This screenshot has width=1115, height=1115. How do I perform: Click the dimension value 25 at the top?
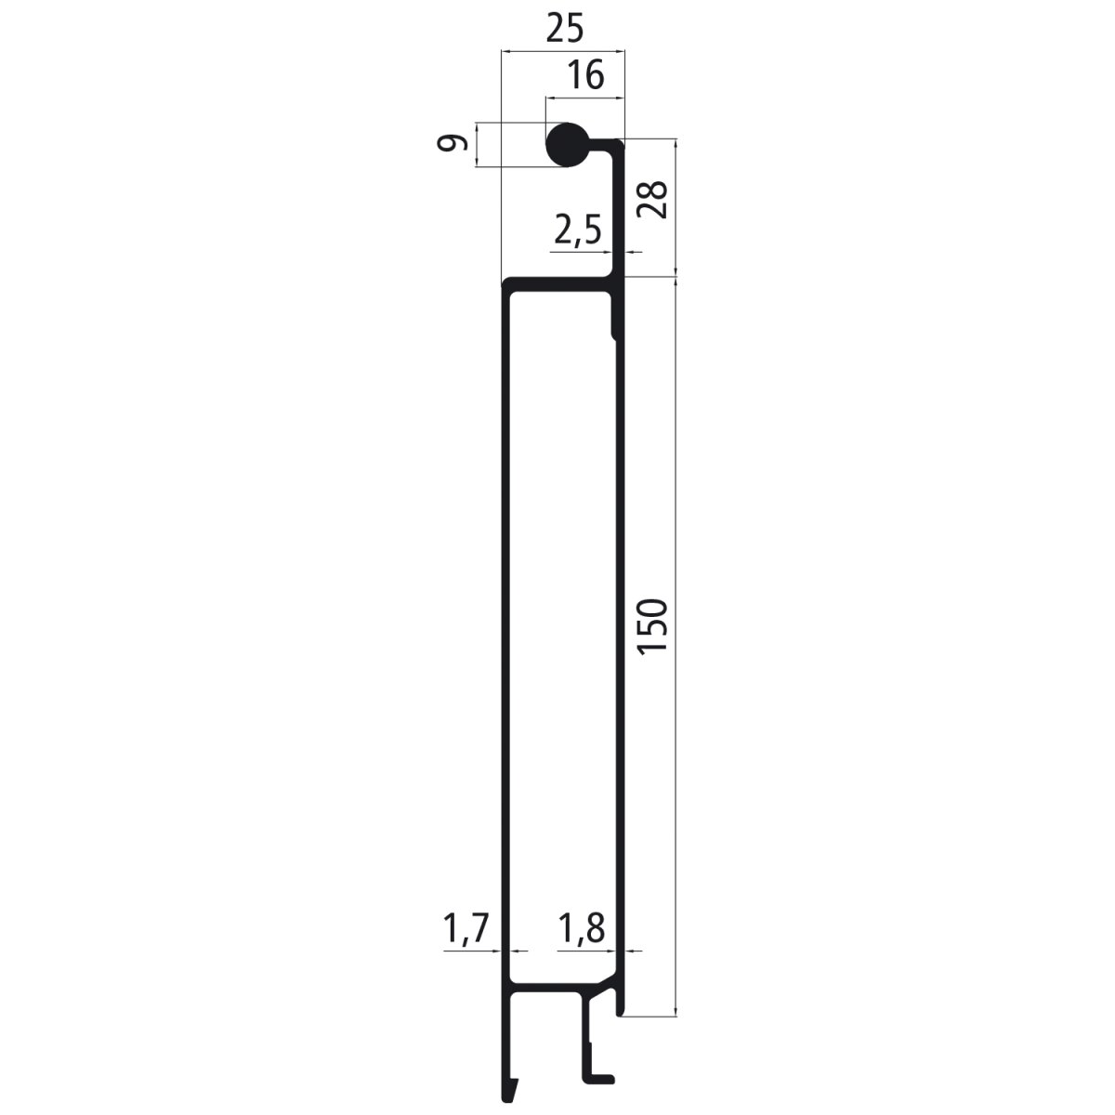[x=563, y=30]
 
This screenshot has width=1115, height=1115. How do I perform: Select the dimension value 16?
[x=585, y=74]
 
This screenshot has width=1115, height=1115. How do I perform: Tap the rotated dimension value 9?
[x=453, y=144]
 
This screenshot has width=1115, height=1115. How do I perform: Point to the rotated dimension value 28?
[x=653, y=199]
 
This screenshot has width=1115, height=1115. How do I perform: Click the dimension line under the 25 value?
[x=563, y=52]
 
